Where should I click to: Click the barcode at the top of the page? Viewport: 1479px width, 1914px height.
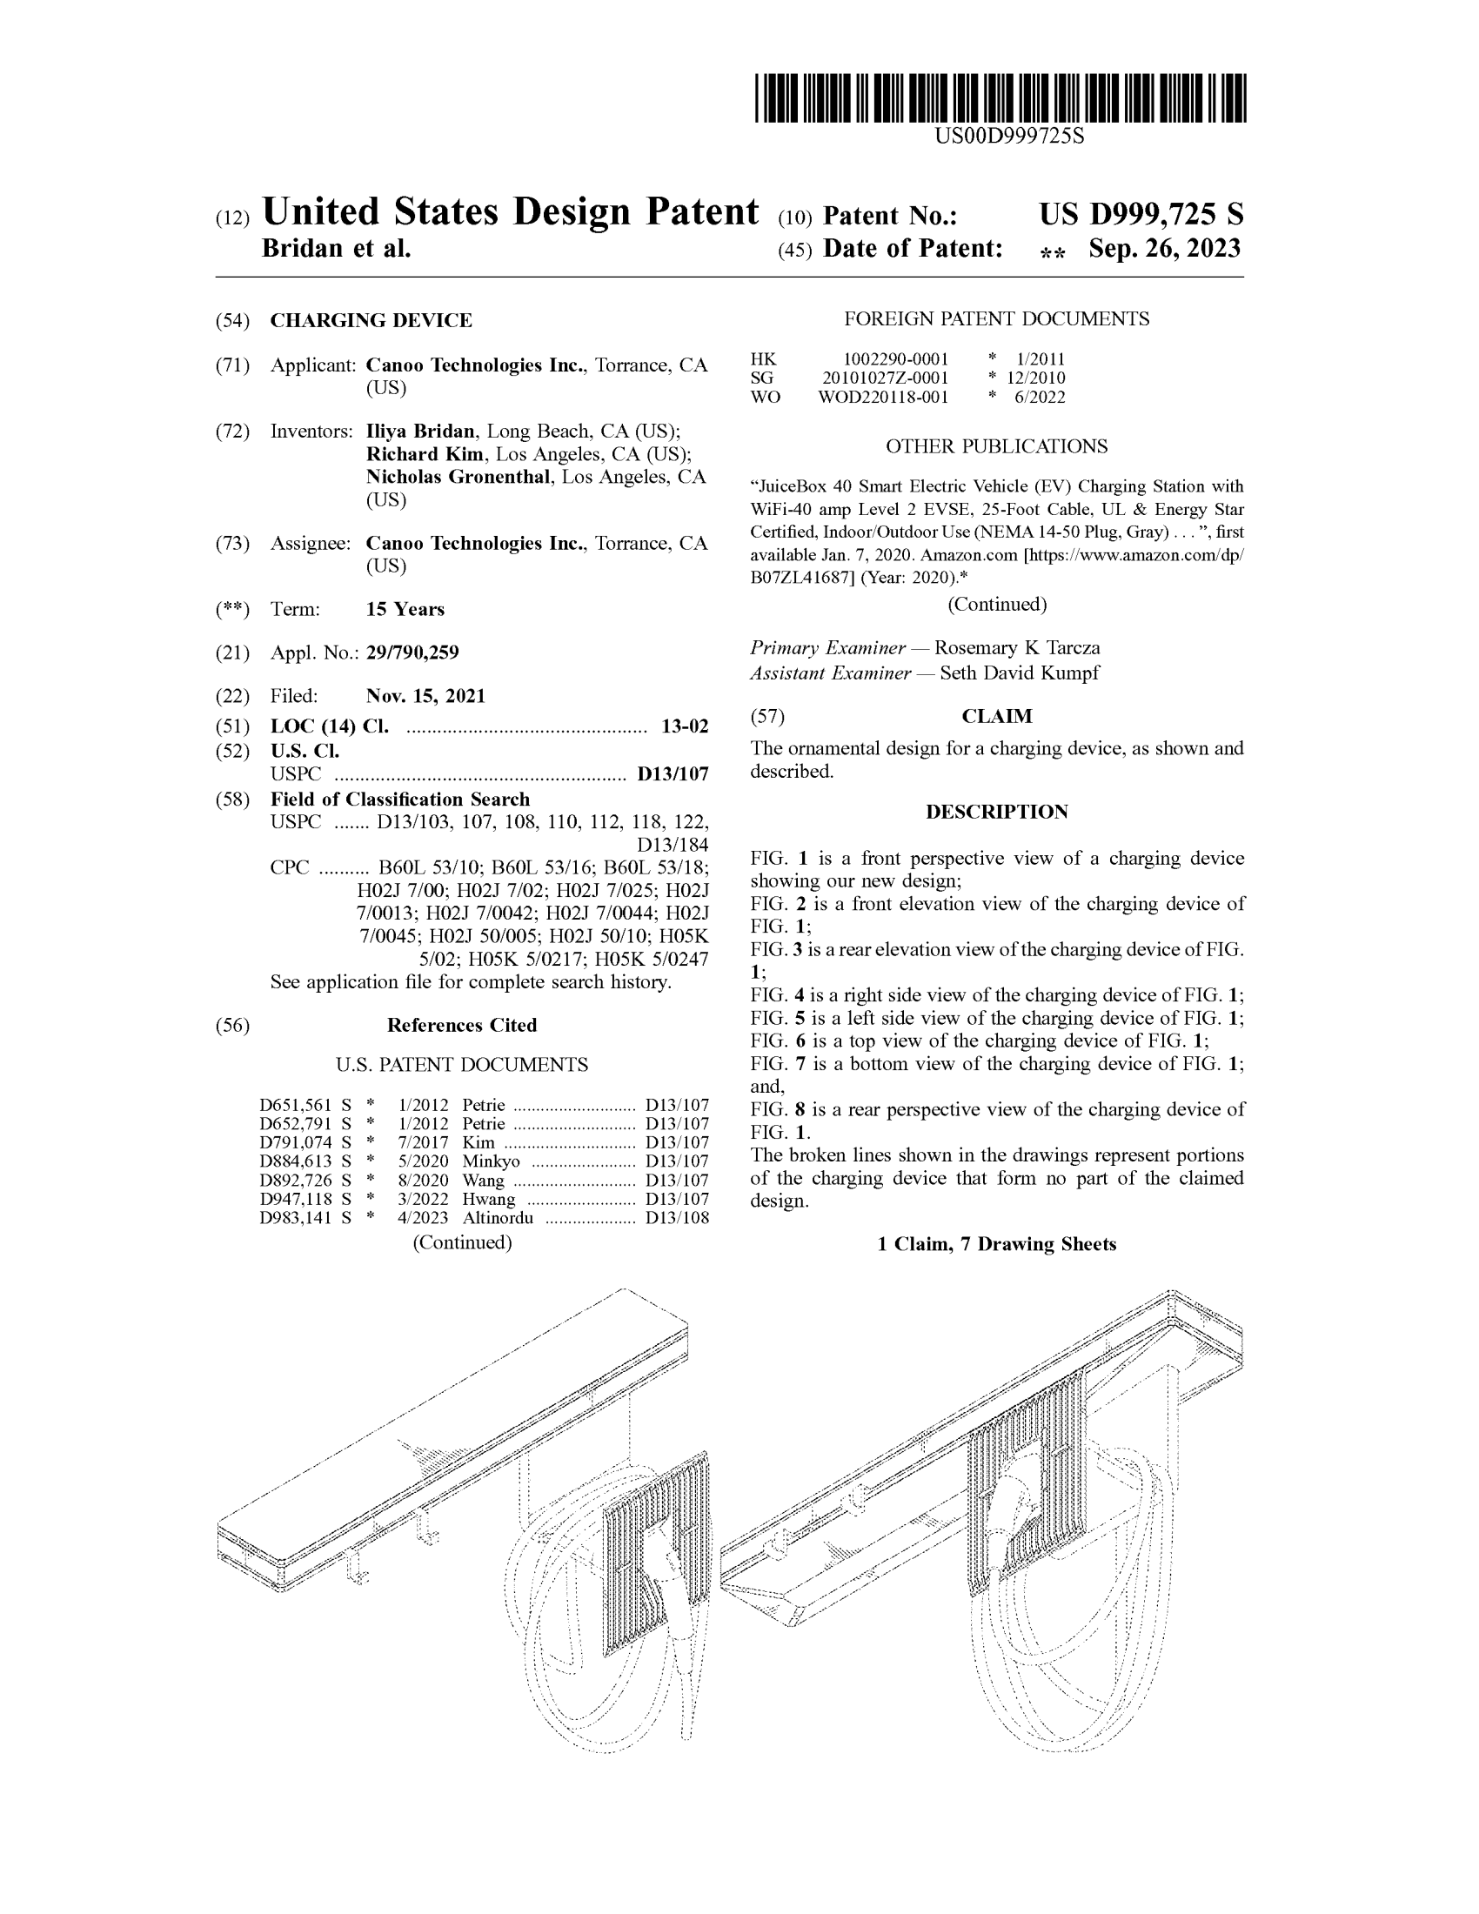[x=1000, y=98]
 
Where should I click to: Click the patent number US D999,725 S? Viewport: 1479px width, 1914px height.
[x=1141, y=215]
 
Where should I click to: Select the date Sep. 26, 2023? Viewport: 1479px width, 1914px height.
[x=1164, y=249]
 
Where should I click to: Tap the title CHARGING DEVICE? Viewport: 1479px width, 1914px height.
[x=371, y=321]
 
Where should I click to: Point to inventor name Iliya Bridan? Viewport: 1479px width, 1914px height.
[x=420, y=432]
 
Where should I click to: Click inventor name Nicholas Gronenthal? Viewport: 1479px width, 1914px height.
[x=458, y=477]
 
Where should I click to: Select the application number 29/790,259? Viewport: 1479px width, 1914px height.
[x=412, y=652]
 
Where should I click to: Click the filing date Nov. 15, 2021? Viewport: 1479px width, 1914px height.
[x=425, y=696]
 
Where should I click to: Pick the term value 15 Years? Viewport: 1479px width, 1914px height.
[x=405, y=609]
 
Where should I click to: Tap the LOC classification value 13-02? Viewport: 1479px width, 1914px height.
[x=685, y=726]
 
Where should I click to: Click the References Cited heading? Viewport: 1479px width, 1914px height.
[x=462, y=1026]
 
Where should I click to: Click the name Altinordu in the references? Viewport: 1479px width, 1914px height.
[x=498, y=1218]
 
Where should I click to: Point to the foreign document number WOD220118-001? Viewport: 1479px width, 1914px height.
[x=882, y=397]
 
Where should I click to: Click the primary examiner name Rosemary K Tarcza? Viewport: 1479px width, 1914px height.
[x=1016, y=648]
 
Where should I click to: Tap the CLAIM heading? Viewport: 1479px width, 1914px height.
[x=997, y=717]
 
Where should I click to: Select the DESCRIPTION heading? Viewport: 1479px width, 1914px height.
[x=996, y=813]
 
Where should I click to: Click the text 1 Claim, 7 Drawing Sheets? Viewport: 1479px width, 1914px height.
[x=996, y=1244]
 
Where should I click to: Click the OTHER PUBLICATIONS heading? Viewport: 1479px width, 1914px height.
[x=996, y=447]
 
